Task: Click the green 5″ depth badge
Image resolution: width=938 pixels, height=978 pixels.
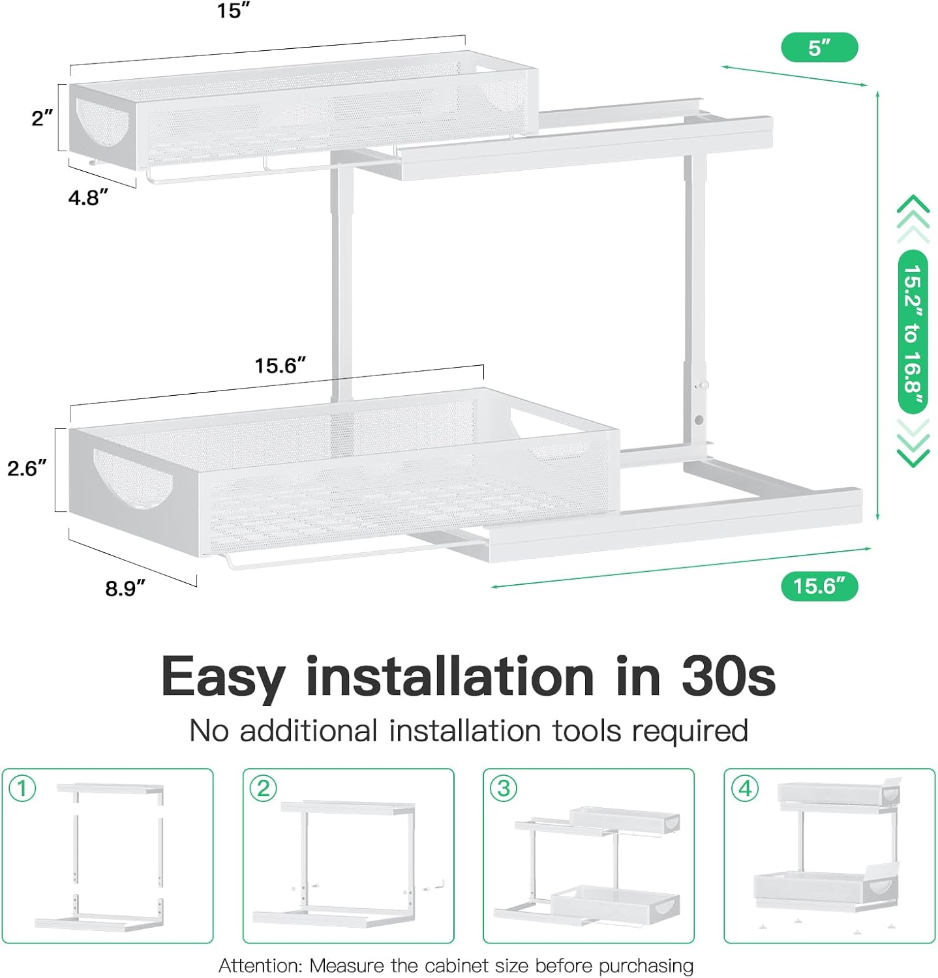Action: click(819, 48)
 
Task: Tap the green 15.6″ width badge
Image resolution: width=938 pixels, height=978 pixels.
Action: click(819, 586)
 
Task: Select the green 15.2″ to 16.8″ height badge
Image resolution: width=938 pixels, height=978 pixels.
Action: click(913, 332)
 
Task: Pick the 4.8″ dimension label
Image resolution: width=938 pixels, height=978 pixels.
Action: click(88, 197)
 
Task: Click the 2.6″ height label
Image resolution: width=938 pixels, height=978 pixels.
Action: click(27, 468)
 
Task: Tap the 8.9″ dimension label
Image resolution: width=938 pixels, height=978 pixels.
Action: click(125, 588)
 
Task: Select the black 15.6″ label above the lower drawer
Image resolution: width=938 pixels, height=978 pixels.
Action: click(280, 365)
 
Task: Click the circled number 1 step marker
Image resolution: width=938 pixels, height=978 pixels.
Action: click(22, 788)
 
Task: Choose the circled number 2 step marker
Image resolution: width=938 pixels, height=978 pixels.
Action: click(264, 788)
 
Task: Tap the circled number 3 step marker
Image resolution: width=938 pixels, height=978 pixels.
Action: click(504, 788)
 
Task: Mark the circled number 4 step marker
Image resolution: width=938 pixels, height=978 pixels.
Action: click(745, 788)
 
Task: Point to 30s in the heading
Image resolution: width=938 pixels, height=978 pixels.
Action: click(729, 676)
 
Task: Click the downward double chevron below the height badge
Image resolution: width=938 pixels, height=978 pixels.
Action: click(913, 443)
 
